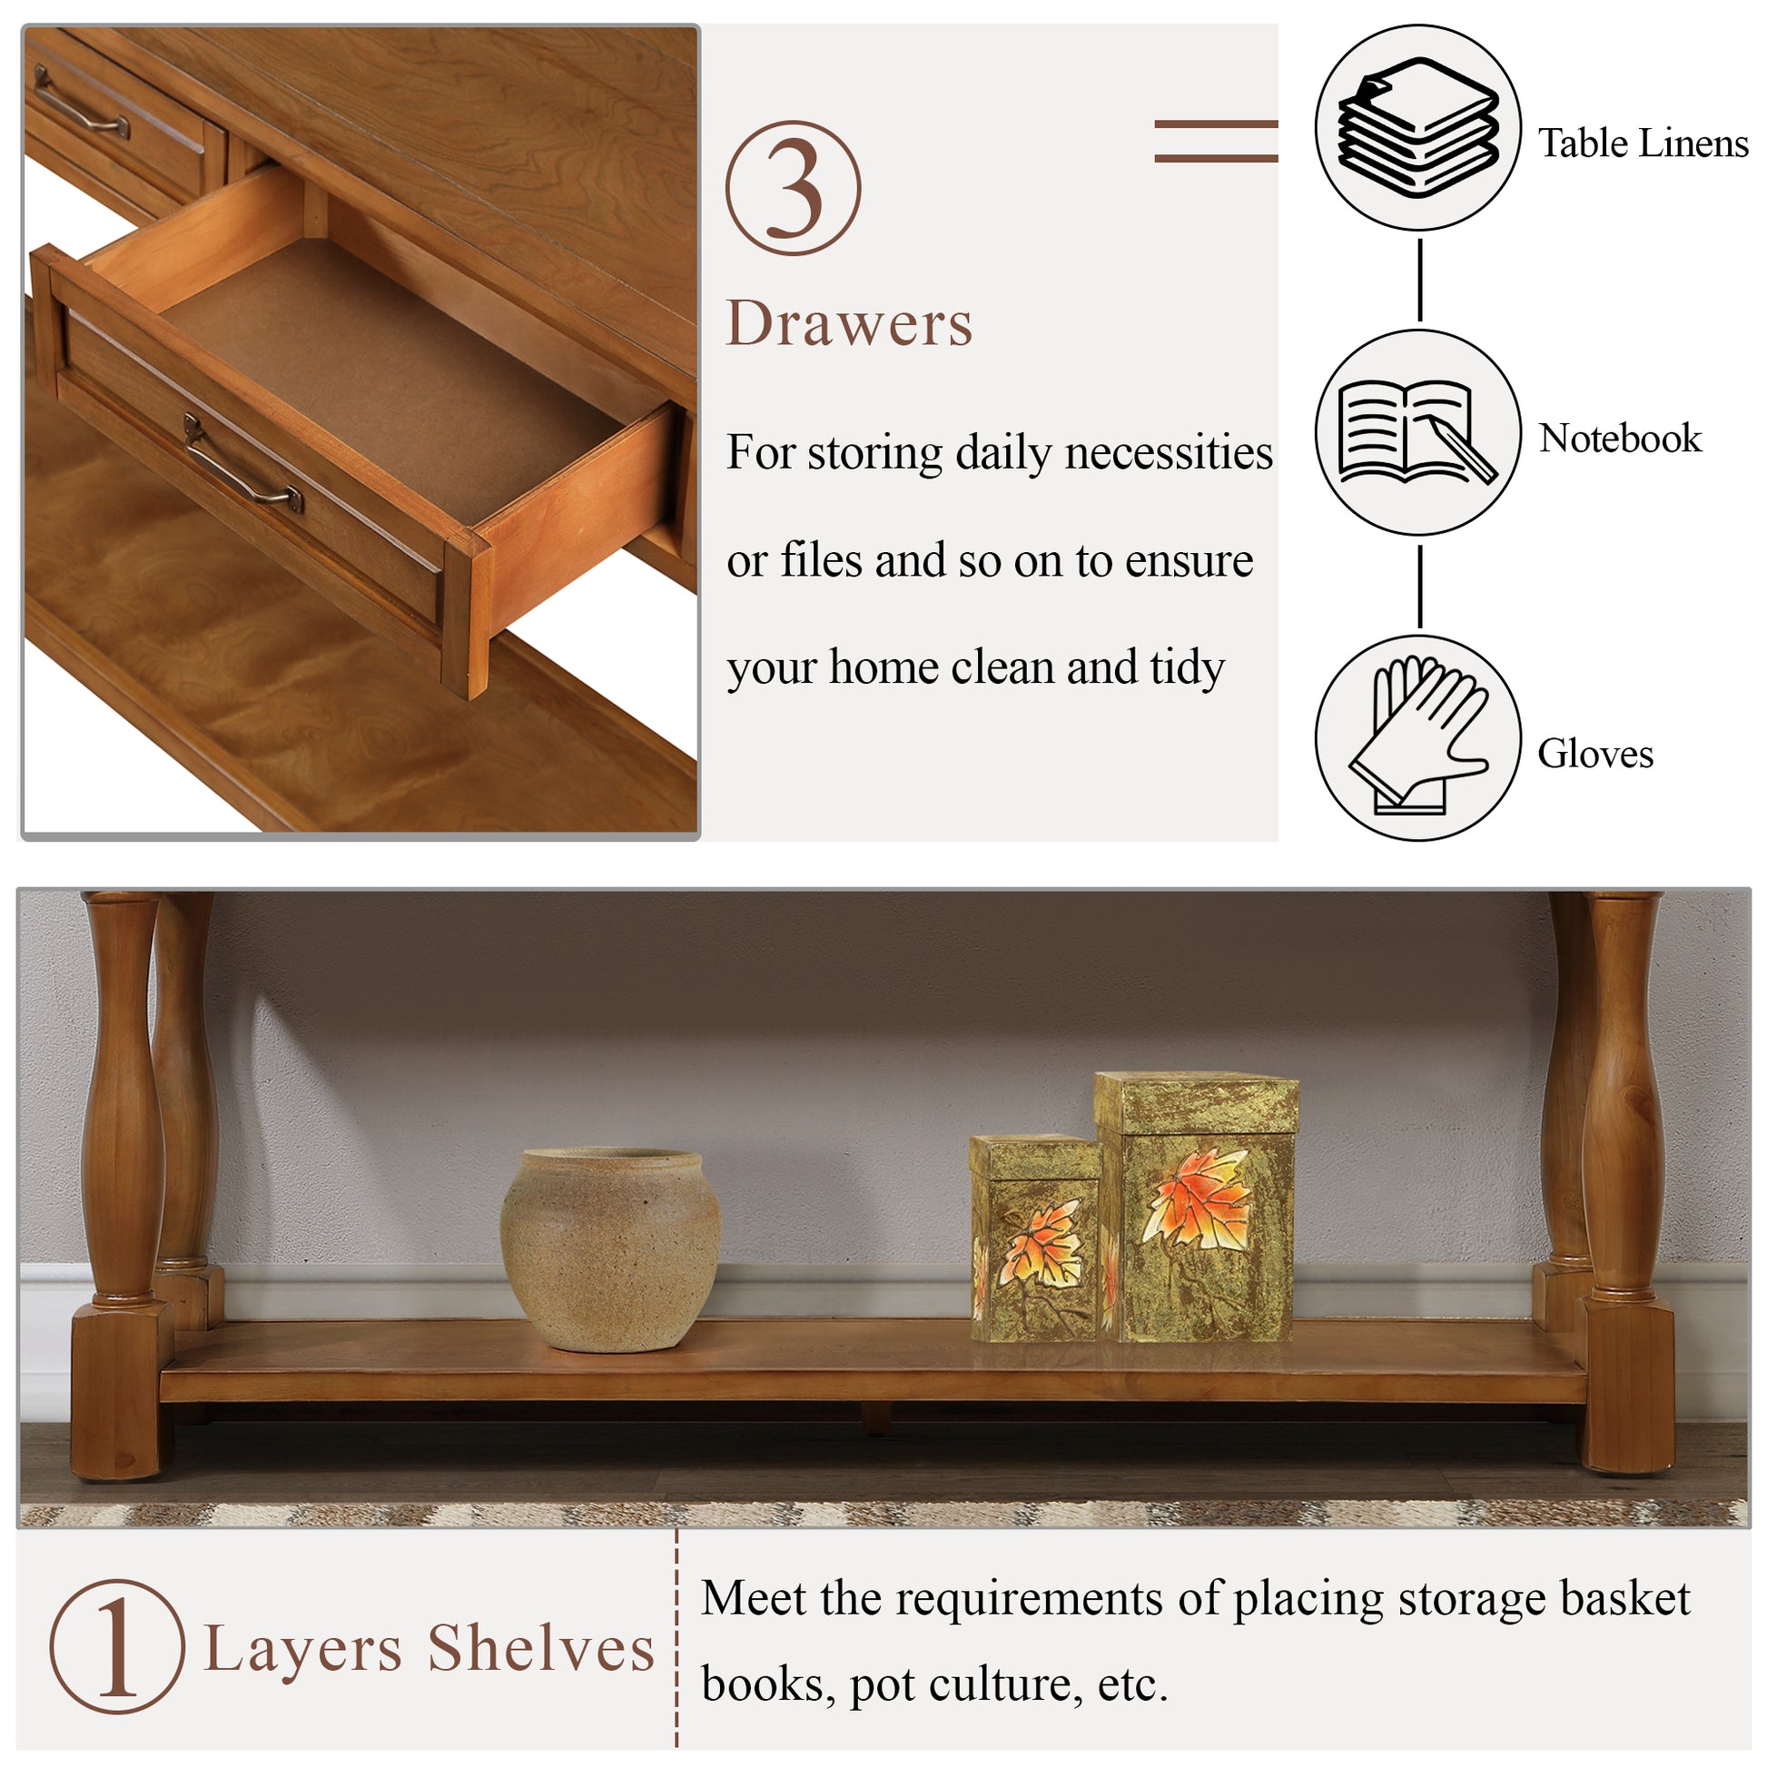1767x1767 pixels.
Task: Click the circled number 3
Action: tap(793, 188)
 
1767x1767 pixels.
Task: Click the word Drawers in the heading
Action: tap(849, 325)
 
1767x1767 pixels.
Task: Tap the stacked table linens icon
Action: tap(1417, 128)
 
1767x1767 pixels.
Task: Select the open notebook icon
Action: tap(1417, 432)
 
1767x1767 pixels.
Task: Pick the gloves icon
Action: tap(1417, 737)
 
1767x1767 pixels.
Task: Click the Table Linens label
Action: tap(1643, 143)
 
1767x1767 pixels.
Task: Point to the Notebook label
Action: tap(1620, 438)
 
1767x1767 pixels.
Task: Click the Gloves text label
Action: tap(1595, 754)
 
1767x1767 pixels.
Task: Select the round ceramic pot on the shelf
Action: tap(610, 1249)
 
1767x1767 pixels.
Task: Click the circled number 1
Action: tap(117, 1647)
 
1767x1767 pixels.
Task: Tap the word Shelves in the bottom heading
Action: tap(540, 1649)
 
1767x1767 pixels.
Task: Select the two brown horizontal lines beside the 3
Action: tap(1216, 142)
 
